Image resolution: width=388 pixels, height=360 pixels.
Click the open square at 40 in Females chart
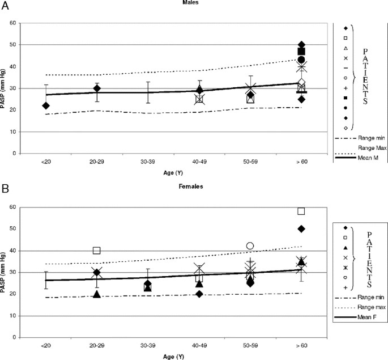point(97,251)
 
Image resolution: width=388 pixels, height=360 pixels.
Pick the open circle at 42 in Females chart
point(250,246)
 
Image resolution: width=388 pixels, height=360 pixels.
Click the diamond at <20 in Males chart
point(46,105)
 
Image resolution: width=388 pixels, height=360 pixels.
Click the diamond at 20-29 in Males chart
point(97,88)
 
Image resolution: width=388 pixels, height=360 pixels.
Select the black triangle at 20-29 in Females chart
point(97,294)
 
